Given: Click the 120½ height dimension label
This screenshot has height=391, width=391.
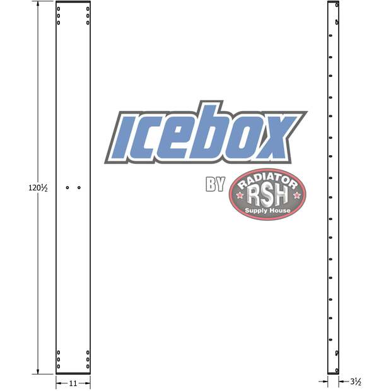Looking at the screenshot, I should [38, 187].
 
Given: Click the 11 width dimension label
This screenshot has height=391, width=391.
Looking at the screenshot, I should [73, 383].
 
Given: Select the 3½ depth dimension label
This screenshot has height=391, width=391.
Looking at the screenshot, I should [355, 382].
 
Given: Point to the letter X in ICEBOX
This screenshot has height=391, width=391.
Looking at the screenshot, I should [276, 138].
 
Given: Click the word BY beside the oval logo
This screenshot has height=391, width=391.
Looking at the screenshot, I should [216, 185].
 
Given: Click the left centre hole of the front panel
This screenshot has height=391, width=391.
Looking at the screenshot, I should [67, 187].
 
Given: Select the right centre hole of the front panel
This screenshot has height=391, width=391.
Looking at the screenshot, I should [79, 187].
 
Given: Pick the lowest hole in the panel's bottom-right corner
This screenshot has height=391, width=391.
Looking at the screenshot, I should [88, 366].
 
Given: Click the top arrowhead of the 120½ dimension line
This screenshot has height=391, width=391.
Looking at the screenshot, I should [39, 4].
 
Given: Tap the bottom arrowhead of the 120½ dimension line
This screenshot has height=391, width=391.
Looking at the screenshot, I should [39, 372].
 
